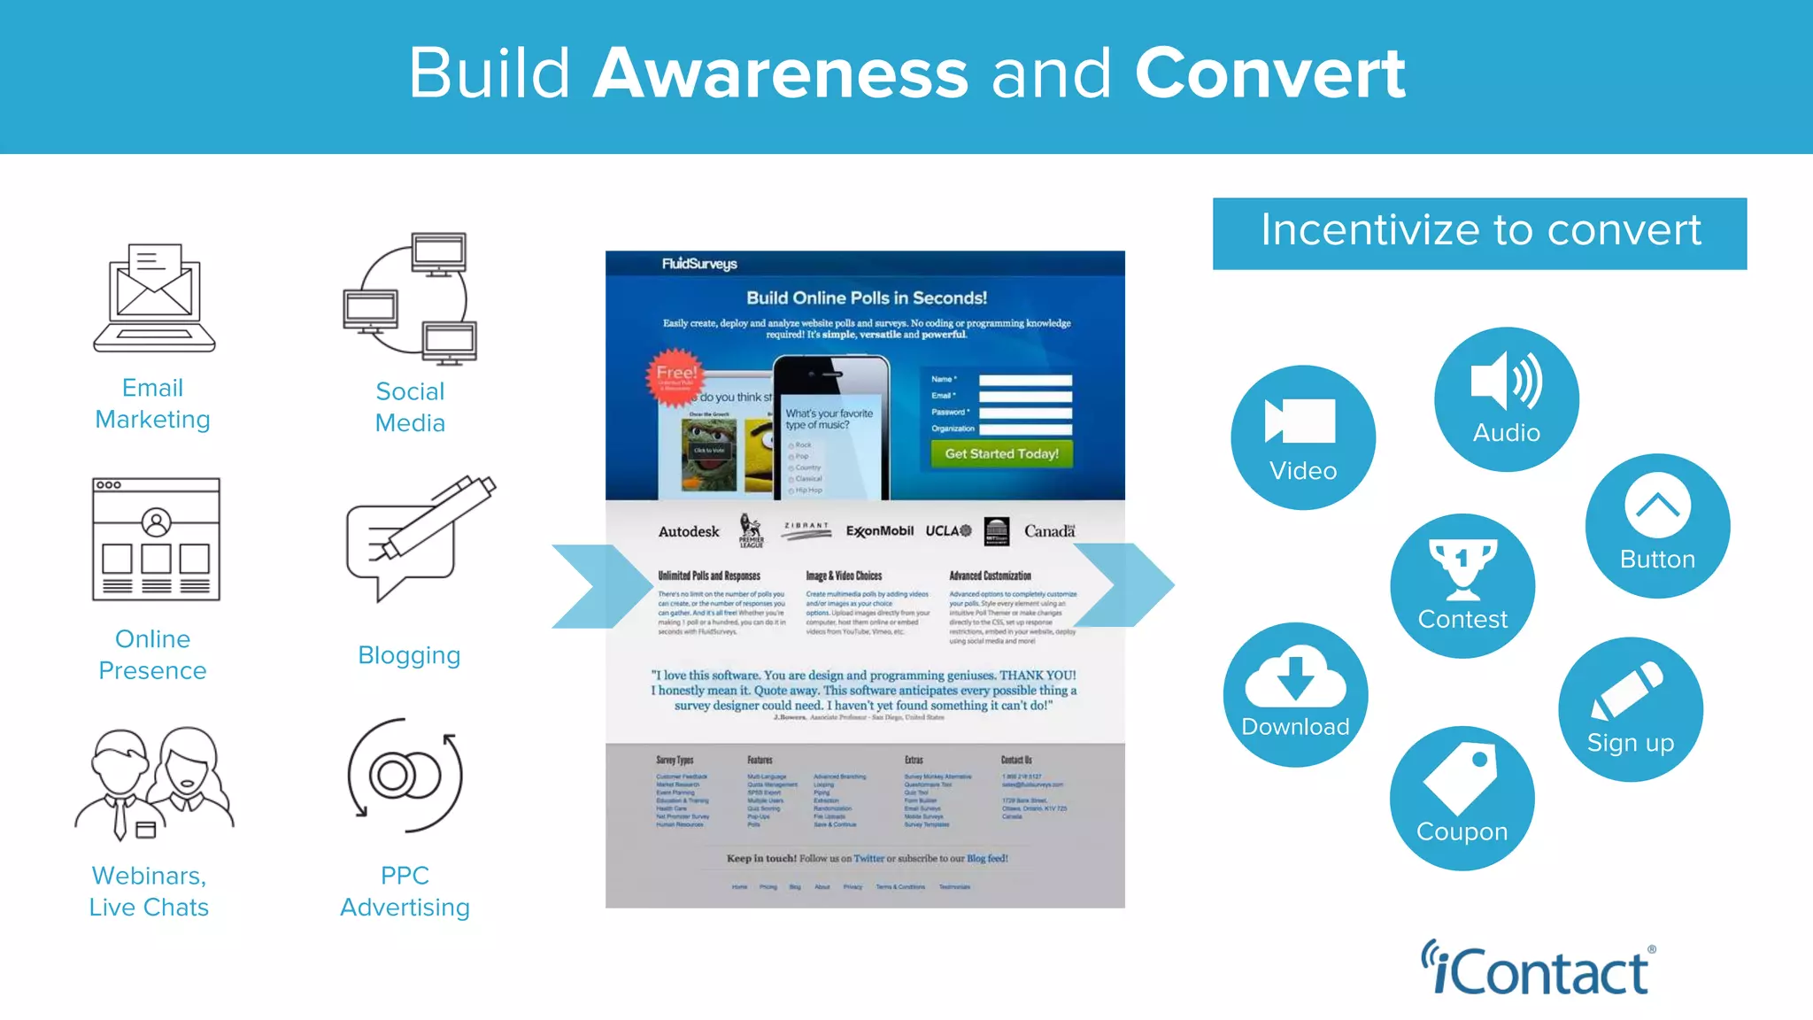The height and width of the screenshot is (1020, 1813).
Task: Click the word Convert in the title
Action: click(1269, 73)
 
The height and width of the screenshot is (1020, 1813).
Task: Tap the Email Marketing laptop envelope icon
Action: click(155, 298)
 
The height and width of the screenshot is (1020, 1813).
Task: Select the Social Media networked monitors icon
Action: click(410, 299)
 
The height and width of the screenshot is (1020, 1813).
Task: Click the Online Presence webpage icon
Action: click(156, 539)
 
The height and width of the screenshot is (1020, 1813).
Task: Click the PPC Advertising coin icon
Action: click(405, 776)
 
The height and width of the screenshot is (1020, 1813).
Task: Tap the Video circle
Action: click(1302, 437)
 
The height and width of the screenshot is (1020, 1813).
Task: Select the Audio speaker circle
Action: click(1506, 399)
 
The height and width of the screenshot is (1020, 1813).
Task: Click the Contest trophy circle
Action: click(1462, 585)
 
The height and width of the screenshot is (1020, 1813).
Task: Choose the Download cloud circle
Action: click(1295, 694)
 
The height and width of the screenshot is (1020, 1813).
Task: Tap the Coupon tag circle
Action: click(1462, 798)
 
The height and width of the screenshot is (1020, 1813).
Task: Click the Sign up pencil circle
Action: click(1630, 709)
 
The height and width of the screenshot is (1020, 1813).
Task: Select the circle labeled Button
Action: click(1657, 526)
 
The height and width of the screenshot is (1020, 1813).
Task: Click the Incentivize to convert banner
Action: click(1479, 233)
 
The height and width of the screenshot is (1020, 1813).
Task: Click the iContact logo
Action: click(1539, 969)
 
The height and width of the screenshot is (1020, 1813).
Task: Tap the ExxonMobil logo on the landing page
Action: click(879, 531)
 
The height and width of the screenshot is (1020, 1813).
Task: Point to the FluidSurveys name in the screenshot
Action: click(699, 264)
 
